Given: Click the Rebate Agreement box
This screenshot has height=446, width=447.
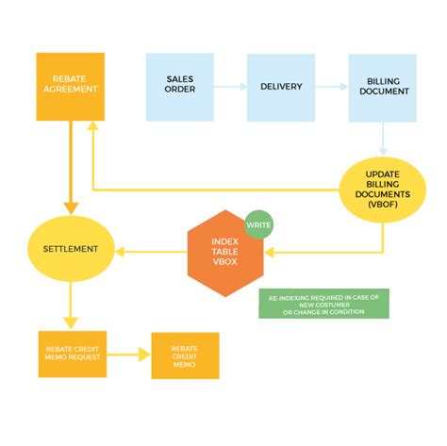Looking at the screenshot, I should (x=71, y=86).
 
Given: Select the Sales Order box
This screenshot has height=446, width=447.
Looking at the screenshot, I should (x=179, y=87).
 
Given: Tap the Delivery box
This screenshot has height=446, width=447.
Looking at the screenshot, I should (x=281, y=87).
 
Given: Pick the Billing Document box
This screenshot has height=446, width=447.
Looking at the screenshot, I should (x=383, y=87).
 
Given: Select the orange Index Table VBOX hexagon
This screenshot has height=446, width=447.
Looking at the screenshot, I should (x=224, y=252).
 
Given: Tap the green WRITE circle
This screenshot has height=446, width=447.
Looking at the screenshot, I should (x=257, y=225).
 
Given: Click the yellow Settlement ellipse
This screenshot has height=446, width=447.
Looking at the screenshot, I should (x=71, y=250).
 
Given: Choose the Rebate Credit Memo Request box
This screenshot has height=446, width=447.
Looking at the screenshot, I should (x=71, y=354).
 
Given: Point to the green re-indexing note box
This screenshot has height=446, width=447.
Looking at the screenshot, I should (x=323, y=304).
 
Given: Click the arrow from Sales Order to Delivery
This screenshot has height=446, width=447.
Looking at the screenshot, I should (x=230, y=87).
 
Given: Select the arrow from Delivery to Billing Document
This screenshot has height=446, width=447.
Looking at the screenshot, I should (x=332, y=87).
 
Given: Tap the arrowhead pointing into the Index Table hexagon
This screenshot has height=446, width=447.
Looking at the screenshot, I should (x=271, y=252).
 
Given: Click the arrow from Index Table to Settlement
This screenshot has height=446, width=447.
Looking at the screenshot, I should (x=151, y=251).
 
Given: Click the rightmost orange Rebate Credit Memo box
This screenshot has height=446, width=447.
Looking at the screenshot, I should (x=185, y=355).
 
